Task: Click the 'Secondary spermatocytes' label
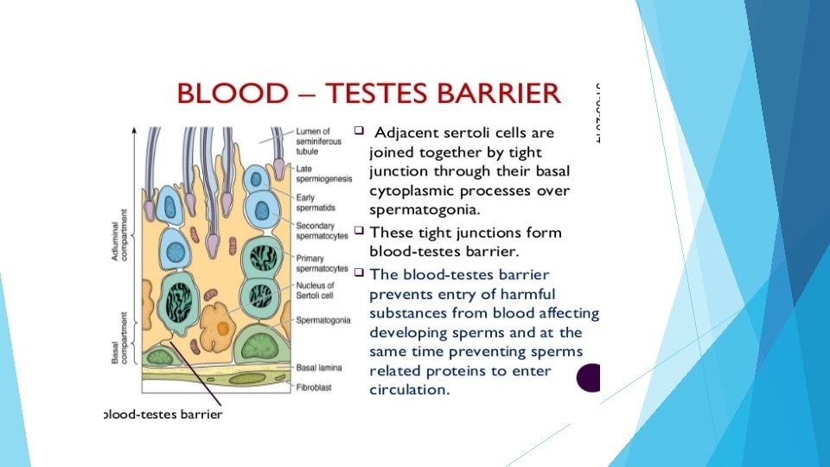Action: [321, 229]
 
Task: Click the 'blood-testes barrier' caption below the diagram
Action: [163, 414]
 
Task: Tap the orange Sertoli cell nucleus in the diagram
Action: [224, 327]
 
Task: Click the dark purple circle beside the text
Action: [590, 378]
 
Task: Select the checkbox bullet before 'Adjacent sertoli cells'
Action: [359, 131]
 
